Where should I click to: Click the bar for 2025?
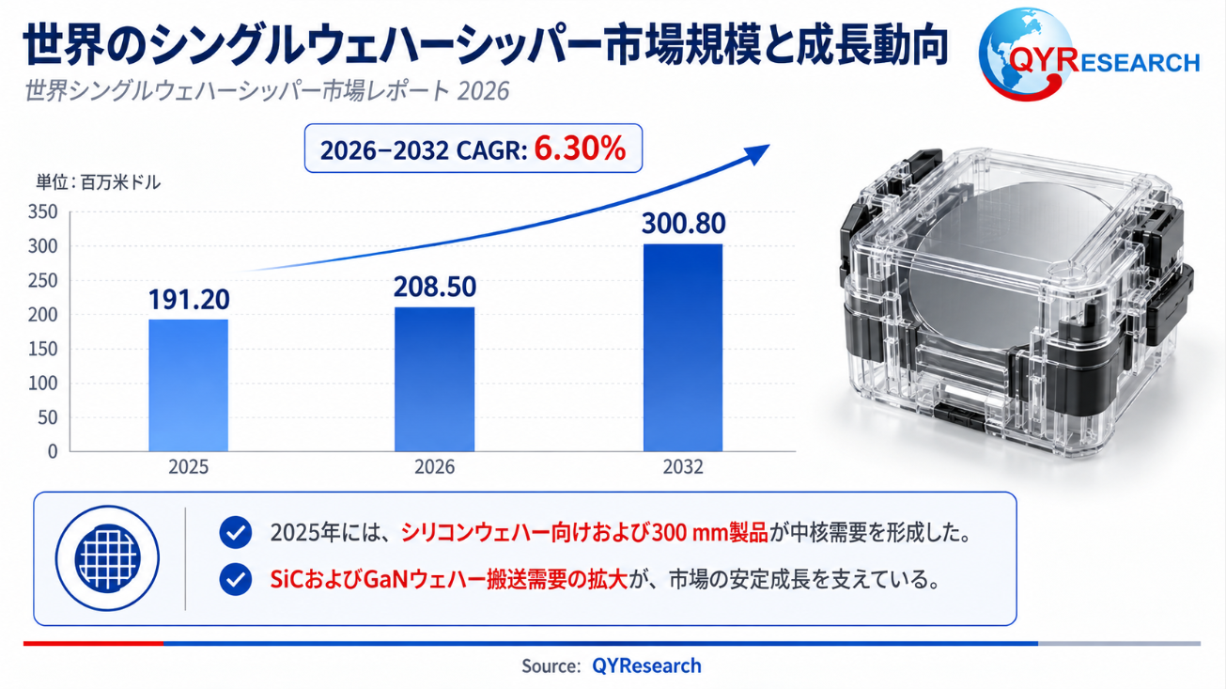(188, 385)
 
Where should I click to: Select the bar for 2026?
(435, 379)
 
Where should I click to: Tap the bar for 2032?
(682, 348)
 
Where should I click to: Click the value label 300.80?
(684, 224)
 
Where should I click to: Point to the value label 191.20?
(189, 299)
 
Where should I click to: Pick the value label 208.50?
(435, 287)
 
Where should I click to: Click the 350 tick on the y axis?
(42, 211)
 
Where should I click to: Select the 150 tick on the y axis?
(42, 349)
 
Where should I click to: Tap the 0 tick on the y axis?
(53, 451)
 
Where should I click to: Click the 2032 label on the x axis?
(682, 466)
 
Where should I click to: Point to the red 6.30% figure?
(580, 149)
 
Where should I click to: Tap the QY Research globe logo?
(1022, 54)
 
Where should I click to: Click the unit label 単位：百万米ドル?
(99, 182)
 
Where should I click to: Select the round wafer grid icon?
(107, 558)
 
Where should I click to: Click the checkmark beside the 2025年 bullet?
(236, 532)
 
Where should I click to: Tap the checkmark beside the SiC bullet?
(236, 579)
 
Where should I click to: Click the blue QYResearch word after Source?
(646, 666)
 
